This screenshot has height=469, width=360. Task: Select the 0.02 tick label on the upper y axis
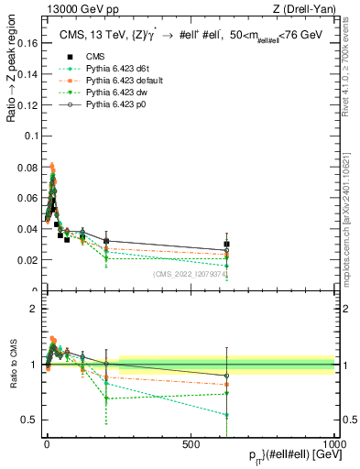coord(28,260)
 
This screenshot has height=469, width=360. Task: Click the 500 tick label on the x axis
coord(191,443)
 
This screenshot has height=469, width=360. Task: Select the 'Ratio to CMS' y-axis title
coord(11,365)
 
